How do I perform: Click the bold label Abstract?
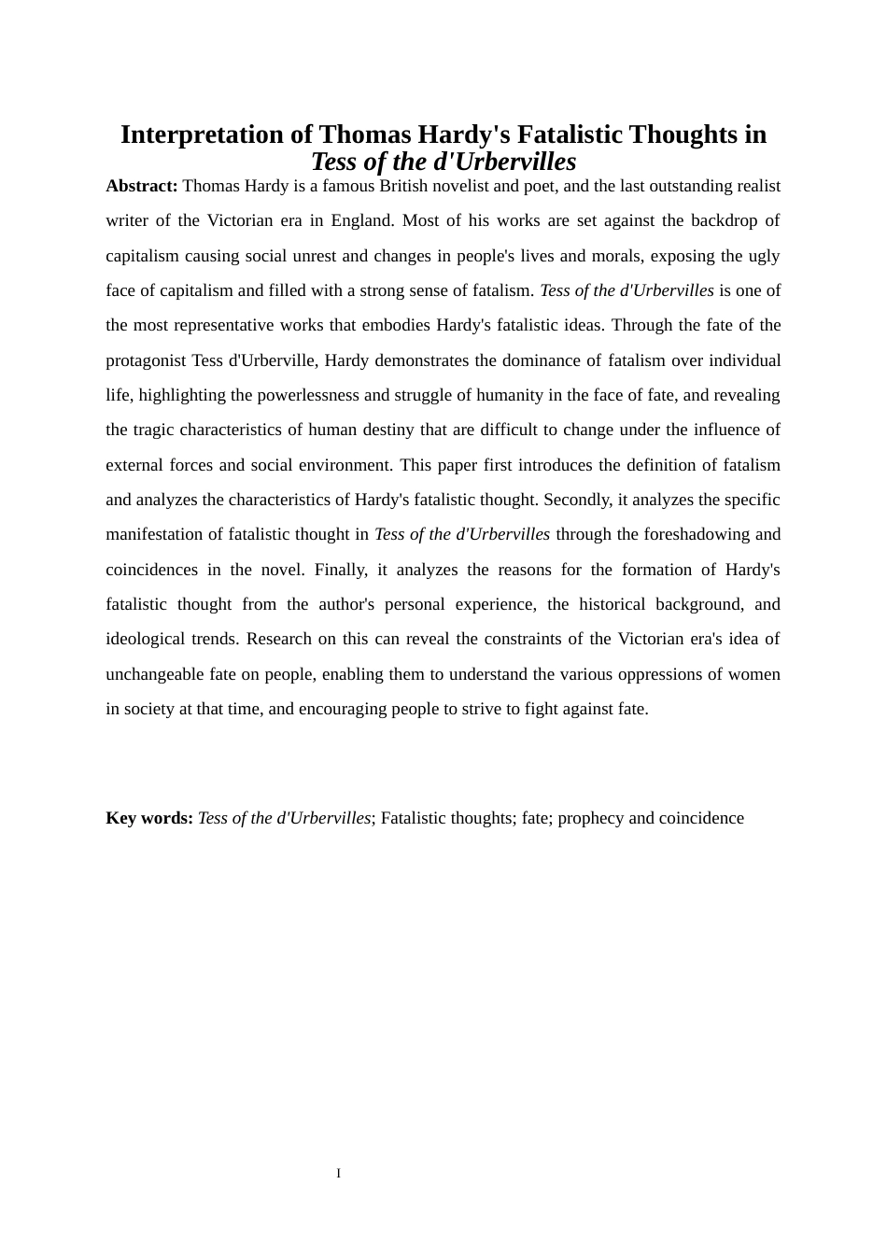142,186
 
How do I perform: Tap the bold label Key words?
149,818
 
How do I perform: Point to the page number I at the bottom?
339,1173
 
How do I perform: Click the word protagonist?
145,360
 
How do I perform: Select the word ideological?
145,639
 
